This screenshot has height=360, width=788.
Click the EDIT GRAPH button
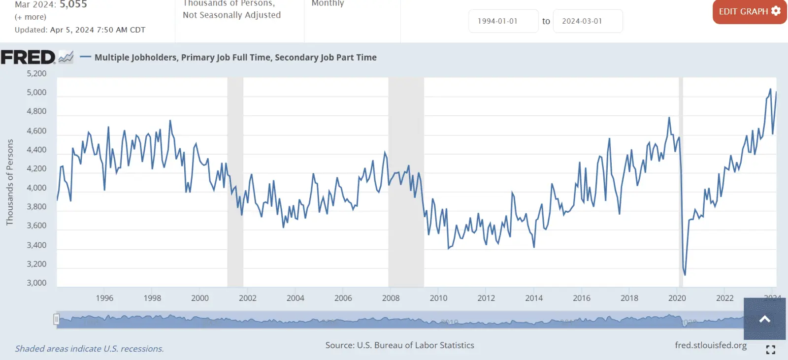pyautogui.click(x=749, y=11)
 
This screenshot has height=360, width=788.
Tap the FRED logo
pyautogui.click(x=29, y=57)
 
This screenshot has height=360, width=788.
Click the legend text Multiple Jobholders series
pyautogui.click(x=235, y=57)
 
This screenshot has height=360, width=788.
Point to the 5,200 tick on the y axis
pyautogui.click(x=36, y=73)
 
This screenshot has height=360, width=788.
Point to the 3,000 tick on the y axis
pyautogui.click(x=36, y=283)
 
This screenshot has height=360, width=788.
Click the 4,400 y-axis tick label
pyautogui.click(x=36, y=150)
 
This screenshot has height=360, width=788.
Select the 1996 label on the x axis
pyautogui.click(x=104, y=298)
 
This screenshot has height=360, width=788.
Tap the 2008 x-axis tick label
pyautogui.click(x=391, y=298)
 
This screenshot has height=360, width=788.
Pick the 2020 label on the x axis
pyautogui.click(x=677, y=298)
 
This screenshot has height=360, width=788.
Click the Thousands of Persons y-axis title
pyautogui.click(x=10, y=182)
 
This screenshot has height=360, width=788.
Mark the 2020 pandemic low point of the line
pyautogui.click(x=685, y=274)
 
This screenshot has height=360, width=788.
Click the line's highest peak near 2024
pyautogui.click(x=770, y=90)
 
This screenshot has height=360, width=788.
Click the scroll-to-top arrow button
pyautogui.click(x=764, y=319)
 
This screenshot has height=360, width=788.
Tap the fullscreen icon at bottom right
pyautogui.click(x=771, y=350)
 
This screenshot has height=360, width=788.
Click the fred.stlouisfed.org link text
pyautogui.click(x=711, y=345)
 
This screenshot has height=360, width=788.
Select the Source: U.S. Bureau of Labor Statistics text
pyautogui.click(x=399, y=345)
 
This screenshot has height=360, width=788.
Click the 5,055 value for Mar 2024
pyautogui.click(x=73, y=4)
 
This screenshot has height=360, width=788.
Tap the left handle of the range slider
pyautogui.click(x=57, y=320)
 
